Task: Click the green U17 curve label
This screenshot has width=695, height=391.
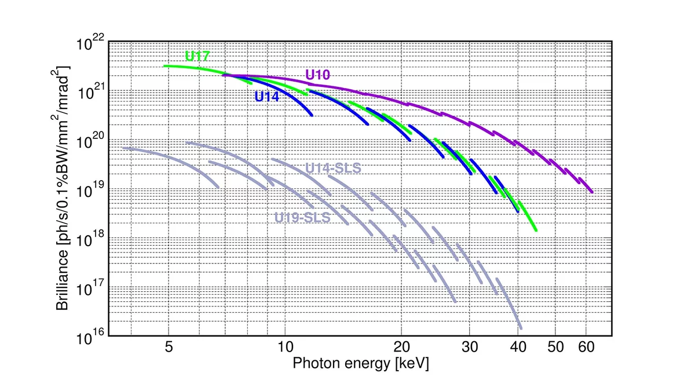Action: pos(197,56)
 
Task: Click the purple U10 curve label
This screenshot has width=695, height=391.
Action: pos(318,74)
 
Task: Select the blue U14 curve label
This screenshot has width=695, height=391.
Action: pos(267,97)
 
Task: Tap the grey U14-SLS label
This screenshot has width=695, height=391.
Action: pos(332,169)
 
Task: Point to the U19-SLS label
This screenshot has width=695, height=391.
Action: pos(302,218)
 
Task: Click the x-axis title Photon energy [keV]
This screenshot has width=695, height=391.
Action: pos(361,364)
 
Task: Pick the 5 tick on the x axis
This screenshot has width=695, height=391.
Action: pos(169,348)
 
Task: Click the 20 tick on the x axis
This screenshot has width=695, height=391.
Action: pos(401,348)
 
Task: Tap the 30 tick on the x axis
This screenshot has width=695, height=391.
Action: pos(470,348)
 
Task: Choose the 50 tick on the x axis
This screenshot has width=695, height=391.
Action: pos(555,348)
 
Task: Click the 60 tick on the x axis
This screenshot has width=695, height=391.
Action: pos(586,348)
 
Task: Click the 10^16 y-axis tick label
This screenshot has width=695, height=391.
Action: pos(91,337)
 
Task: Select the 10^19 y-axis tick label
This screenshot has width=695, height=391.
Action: pos(91,190)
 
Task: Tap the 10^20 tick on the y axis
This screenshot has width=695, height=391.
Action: pos(91,141)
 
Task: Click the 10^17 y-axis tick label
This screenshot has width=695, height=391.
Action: pos(91,288)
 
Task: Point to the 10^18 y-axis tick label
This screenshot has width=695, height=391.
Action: pos(91,239)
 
